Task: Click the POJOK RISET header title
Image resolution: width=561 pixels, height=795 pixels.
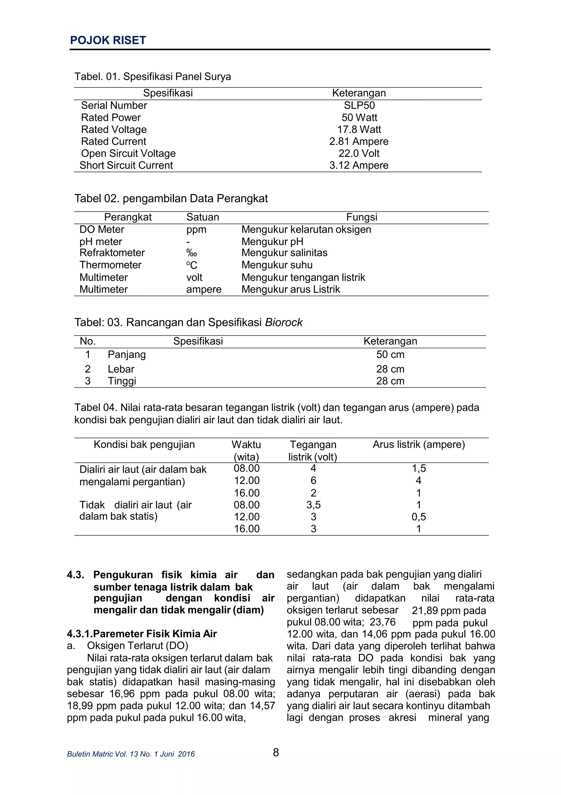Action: point(108,41)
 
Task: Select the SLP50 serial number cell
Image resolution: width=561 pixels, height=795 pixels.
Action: point(359,105)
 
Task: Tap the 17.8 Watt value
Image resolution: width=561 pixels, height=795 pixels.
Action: point(359,129)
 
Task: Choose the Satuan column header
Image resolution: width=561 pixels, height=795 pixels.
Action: point(202,217)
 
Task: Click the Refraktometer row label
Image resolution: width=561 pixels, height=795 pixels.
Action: point(112,253)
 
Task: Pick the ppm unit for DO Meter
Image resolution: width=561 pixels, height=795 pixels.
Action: point(196,229)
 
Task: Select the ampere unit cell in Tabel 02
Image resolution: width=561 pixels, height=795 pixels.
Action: point(204,289)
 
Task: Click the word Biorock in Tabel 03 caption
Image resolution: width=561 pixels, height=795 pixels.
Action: point(284,322)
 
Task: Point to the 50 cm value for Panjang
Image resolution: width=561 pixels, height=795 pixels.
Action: point(390,354)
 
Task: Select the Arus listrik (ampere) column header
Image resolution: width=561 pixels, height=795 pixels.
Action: point(418,444)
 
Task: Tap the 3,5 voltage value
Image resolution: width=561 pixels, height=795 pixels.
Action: point(313,505)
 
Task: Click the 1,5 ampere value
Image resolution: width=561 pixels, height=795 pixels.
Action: point(418,469)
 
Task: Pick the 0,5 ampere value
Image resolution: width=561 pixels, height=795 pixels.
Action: point(418,517)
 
